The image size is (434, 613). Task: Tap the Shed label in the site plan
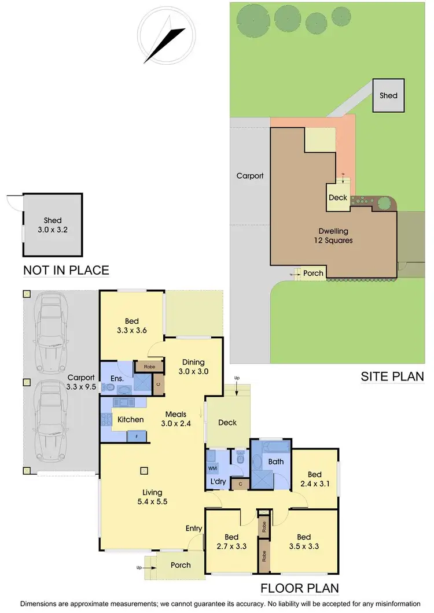pyautogui.click(x=388, y=95)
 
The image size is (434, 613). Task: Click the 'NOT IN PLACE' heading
pyautogui.click(x=66, y=270)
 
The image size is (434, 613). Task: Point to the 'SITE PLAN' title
pyautogui.click(x=392, y=376)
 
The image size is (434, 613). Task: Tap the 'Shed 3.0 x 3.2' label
pyautogui.click(x=52, y=225)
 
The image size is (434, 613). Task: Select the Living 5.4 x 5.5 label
pyautogui.click(x=153, y=497)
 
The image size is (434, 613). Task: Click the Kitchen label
pyautogui.click(x=130, y=419)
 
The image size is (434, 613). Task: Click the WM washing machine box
pyautogui.click(x=211, y=467)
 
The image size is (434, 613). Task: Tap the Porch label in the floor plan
pyautogui.click(x=181, y=565)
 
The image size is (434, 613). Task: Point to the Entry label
pyautogui.click(x=193, y=529)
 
